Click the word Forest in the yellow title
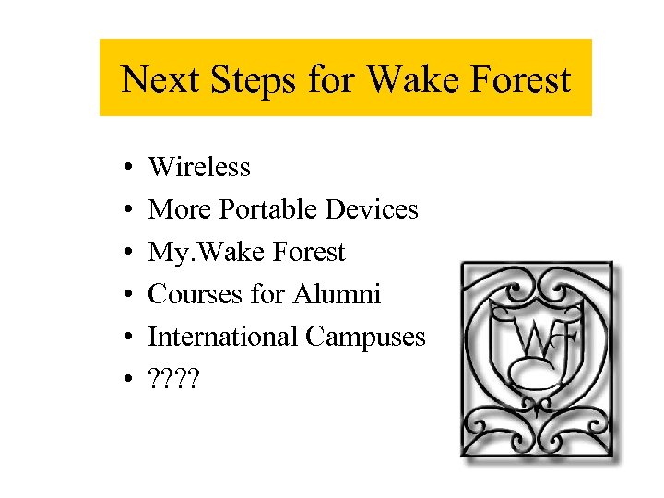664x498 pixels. point(520,79)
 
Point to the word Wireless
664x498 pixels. point(199,167)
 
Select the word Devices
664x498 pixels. point(372,209)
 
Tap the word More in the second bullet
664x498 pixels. point(181,209)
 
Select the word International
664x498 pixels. point(223,338)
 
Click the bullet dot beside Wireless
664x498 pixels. point(125,168)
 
